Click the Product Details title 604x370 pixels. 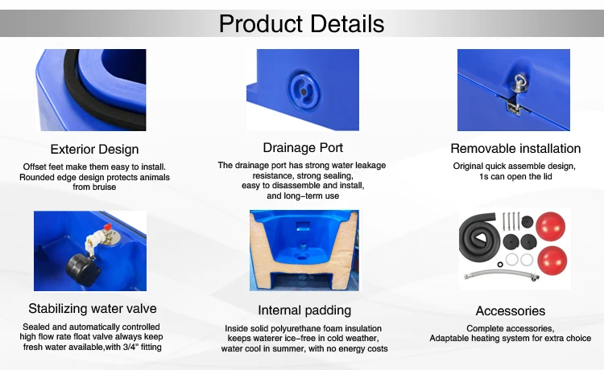[301, 24]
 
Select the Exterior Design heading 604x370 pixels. [94, 150]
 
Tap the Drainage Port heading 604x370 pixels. [303, 148]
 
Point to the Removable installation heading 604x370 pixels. [515, 149]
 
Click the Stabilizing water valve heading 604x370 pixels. [93, 308]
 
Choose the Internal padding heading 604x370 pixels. [304, 310]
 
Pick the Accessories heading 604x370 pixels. [511, 310]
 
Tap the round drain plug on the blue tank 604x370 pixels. [304, 90]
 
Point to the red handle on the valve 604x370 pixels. [107, 226]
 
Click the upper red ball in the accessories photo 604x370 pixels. [551, 226]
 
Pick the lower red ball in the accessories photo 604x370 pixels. [552, 261]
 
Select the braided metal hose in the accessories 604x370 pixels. [501, 274]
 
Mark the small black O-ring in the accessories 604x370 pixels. [500, 265]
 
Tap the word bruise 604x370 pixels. [105, 187]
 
